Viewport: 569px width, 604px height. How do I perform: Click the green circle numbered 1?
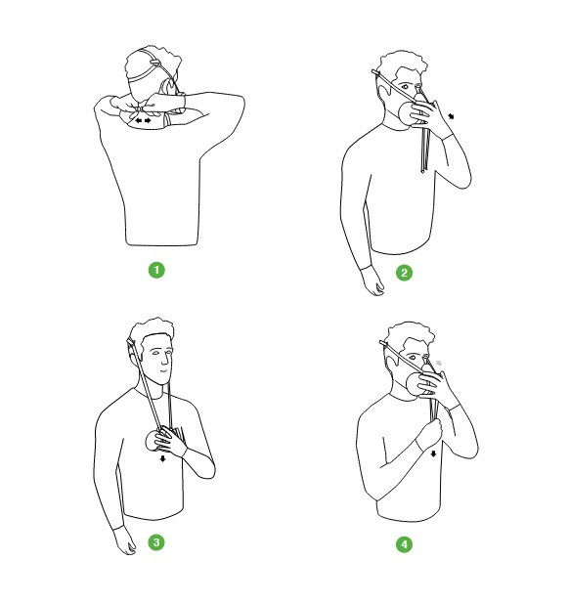pyautogui.click(x=156, y=270)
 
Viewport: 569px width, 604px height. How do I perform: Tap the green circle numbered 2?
pyautogui.click(x=404, y=273)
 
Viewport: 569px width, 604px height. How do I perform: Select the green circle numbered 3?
pyautogui.click(x=156, y=542)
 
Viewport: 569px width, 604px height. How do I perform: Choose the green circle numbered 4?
pyautogui.click(x=404, y=544)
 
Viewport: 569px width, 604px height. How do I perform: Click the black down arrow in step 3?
pyautogui.click(x=162, y=458)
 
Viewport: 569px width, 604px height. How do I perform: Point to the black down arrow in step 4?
pyautogui.click(x=433, y=453)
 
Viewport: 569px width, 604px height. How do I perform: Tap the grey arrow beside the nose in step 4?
pyautogui.click(x=439, y=363)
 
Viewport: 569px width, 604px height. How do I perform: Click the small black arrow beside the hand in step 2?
pyautogui.click(x=451, y=116)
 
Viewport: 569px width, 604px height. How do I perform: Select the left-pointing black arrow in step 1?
pyautogui.click(x=139, y=120)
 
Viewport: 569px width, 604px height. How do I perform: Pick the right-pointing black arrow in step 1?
pyautogui.click(x=148, y=120)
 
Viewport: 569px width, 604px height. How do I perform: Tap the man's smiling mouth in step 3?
pyautogui.click(x=164, y=371)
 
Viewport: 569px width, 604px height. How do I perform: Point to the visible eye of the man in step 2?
pyautogui.click(x=405, y=87)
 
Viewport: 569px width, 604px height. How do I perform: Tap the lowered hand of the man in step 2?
pyautogui.click(x=372, y=280)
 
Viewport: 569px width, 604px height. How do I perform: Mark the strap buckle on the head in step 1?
pyautogui.click(x=154, y=63)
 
